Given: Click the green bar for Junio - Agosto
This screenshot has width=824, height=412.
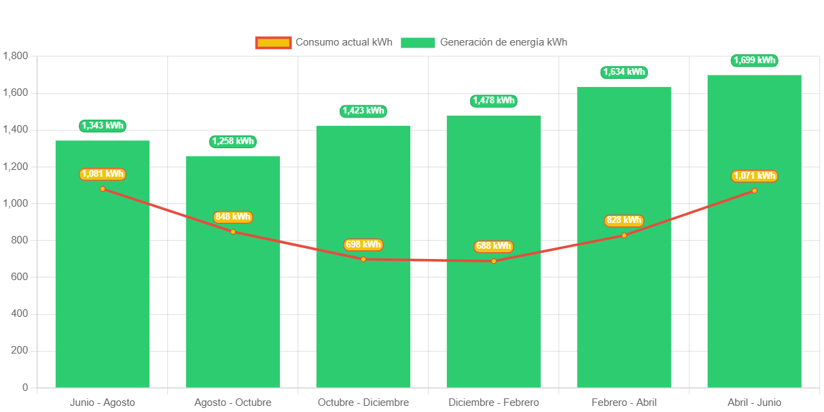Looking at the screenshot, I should pyautogui.click(x=102, y=286).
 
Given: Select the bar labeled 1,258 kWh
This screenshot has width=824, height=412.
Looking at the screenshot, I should pyautogui.click(x=232, y=292).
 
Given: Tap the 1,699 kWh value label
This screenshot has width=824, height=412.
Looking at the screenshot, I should pyautogui.click(x=754, y=61).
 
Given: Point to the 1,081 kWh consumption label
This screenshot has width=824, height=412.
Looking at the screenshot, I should pyautogui.click(x=102, y=174).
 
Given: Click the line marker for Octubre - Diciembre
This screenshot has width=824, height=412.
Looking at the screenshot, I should pyautogui.click(x=363, y=259).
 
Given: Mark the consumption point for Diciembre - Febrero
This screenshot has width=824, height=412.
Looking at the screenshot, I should pyautogui.click(x=493, y=261).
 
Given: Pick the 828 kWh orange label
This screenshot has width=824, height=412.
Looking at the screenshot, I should pyautogui.click(x=624, y=220).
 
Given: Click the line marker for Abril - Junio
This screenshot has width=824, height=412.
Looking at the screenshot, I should pyautogui.click(x=754, y=190).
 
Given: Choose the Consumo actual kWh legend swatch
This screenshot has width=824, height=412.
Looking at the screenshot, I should pyautogui.click(x=273, y=42).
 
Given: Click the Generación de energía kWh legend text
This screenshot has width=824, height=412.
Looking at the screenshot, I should pyautogui.click(x=503, y=42).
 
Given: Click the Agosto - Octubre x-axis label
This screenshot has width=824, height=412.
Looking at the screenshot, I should pyautogui.click(x=232, y=402).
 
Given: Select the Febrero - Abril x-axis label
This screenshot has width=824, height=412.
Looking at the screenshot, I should pyautogui.click(x=624, y=402).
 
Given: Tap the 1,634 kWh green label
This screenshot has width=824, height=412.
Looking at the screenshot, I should pyautogui.click(x=624, y=72).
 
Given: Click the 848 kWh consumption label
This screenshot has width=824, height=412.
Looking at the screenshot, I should pyautogui.click(x=232, y=217).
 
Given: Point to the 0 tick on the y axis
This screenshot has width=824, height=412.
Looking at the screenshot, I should pyautogui.click(x=24, y=388).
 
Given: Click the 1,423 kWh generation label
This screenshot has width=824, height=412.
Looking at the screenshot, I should pyautogui.click(x=363, y=111).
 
